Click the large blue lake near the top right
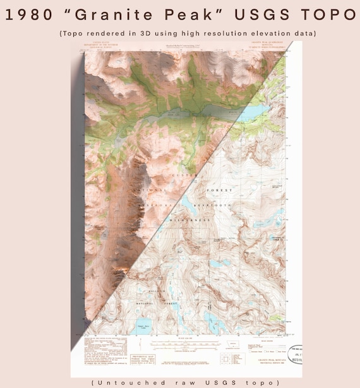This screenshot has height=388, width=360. pos(256,112)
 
